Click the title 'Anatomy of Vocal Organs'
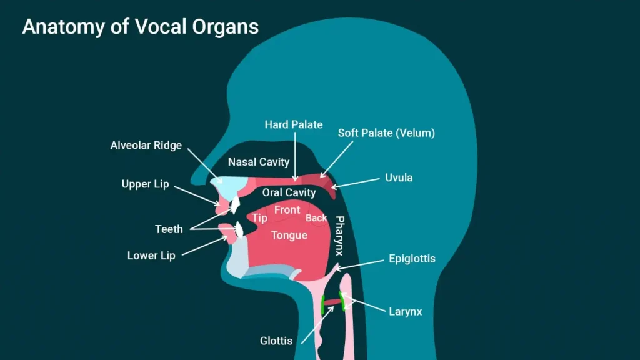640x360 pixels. click(141, 27)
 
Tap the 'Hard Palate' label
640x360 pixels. click(294, 124)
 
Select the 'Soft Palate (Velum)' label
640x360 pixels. click(386, 133)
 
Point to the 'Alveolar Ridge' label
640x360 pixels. click(146, 145)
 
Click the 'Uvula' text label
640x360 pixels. click(399, 177)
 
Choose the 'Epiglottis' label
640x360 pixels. click(412, 259)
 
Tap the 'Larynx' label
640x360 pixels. click(405, 312)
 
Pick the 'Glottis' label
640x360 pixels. click(276, 341)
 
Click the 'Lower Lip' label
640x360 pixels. click(151, 256)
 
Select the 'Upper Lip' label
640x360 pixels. click(145, 184)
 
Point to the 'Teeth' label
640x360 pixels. click(169, 229)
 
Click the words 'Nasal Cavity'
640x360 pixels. click(259, 162)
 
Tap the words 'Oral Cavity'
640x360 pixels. click(289, 192)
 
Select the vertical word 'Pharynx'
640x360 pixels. click(339, 236)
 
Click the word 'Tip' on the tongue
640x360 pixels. click(259, 218)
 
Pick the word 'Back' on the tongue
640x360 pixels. click(316, 218)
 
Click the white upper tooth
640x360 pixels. click(235, 204)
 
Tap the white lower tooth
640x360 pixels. click(239, 230)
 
